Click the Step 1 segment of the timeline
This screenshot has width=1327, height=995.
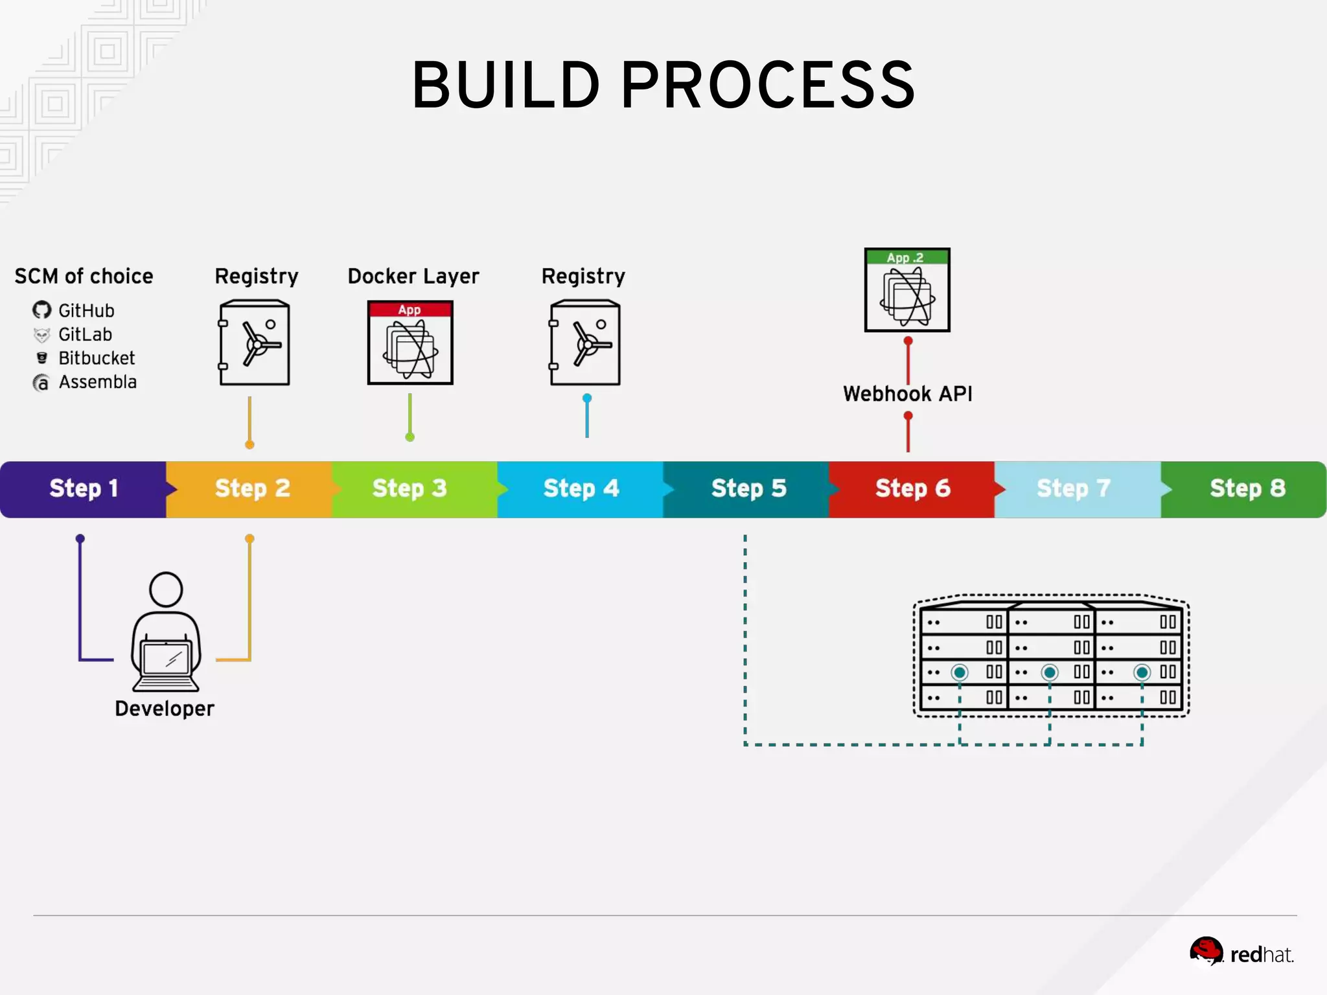tap(83, 488)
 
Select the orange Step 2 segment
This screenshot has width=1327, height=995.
tap(251, 488)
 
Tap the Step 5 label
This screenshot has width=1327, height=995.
tap(748, 488)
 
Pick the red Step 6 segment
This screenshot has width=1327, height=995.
tap(912, 488)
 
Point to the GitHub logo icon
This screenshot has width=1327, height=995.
tap(42, 310)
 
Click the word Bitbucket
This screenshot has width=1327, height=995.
tap(97, 358)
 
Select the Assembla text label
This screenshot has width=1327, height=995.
tap(98, 382)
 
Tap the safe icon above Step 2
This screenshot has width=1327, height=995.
tap(255, 343)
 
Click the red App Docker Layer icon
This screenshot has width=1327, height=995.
tap(410, 343)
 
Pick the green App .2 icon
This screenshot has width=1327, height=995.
tap(907, 290)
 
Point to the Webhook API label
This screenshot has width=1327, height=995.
tap(907, 394)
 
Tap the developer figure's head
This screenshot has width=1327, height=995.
tap(166, 589)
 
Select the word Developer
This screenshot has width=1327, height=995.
tap(165, 709)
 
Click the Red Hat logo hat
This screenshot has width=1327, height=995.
tap(1206, 950)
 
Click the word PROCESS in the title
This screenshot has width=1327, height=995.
tap(768, 86)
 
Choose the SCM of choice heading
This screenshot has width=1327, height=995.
tap(84, 277)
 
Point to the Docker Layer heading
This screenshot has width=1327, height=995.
tap(413, 277)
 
